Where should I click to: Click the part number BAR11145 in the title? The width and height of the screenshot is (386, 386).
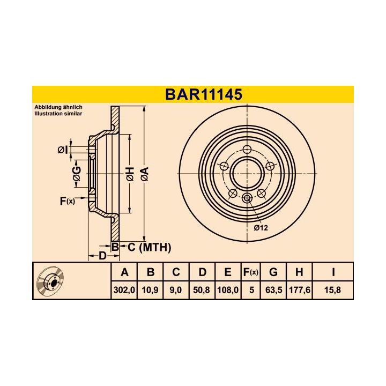point(203,94)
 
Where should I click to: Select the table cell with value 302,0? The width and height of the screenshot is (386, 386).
point(124,290)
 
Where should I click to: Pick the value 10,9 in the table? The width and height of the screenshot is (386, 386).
point(151,290)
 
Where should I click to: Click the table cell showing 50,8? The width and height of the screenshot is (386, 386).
point(202,290)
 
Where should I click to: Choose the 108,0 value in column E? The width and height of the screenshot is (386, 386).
point(228,290)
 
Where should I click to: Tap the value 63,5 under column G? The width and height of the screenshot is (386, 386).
point(273,290)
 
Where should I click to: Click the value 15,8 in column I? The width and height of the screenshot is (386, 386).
point(333,290)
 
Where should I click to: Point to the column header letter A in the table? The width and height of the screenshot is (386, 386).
point(124,272)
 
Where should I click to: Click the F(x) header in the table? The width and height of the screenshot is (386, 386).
point(250,272)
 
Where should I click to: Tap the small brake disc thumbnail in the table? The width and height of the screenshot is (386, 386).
point(51,281)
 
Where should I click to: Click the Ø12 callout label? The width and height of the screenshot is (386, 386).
point(261,228)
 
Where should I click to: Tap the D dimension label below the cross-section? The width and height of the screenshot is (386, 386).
point(102,255)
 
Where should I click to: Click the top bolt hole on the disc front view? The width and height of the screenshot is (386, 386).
point(247,150)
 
